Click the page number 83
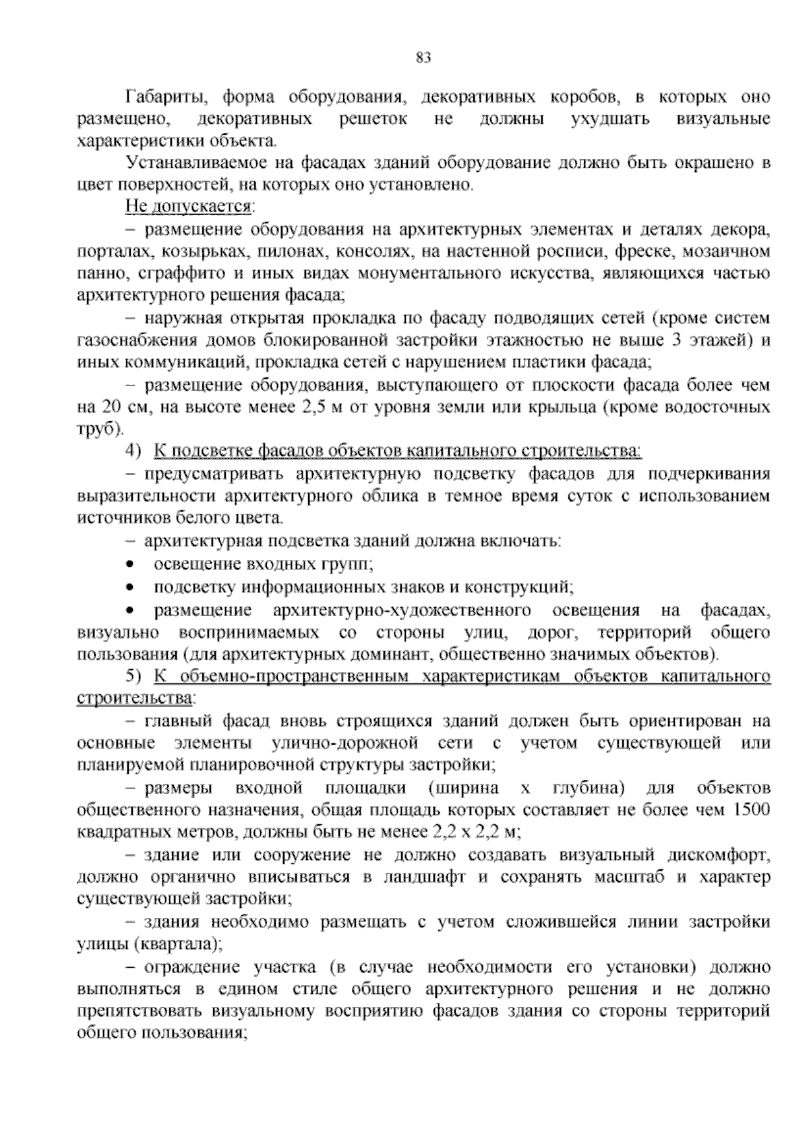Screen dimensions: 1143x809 click(x=423, y=57)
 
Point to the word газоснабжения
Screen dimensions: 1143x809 click(x=127, y=340)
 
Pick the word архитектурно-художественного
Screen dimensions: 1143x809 click(x=400, y=611)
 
